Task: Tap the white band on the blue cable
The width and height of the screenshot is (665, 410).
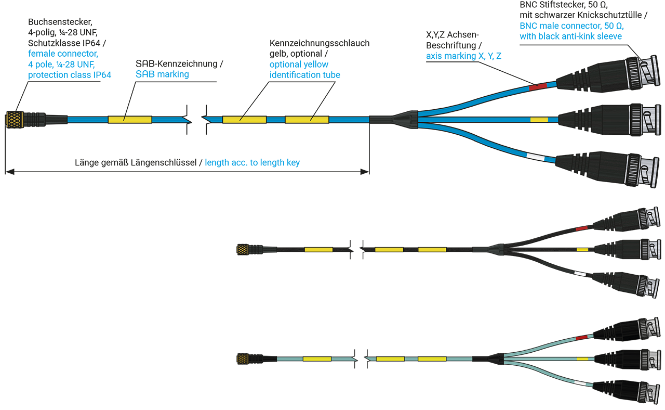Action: click(535, 157)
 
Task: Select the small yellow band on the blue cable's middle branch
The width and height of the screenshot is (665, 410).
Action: click(539, 120)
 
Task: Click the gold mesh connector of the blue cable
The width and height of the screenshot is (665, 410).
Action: click(14, 120)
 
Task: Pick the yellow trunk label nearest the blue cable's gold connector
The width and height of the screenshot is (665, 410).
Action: click(130, 120)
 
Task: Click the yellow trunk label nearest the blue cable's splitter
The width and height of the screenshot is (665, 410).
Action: click(307, 120)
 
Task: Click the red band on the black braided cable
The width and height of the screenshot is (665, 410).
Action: click(581, 228)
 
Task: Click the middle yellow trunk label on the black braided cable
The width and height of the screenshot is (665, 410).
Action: click(389, 250)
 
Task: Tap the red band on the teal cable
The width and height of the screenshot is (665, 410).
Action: click(581, 338)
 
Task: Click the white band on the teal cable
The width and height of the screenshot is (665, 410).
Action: click(581, 383)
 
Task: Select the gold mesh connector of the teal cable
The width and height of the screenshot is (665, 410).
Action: click(242, 359)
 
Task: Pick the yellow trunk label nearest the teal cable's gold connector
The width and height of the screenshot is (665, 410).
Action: click(317, 359)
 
